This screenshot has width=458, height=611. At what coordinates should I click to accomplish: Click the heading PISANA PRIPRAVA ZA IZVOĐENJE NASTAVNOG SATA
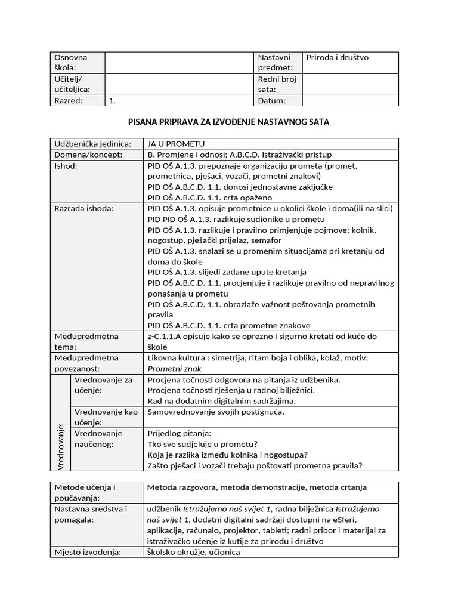tap(229, 122)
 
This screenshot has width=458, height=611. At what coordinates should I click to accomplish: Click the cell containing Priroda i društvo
tap(338, 58)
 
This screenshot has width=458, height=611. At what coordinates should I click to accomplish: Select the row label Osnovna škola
tap(71, 63)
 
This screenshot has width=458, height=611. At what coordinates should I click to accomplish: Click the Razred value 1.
tap(112, 101)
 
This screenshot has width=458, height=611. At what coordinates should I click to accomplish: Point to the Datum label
tap(272, 101)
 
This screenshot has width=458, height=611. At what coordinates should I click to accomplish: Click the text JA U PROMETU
tap(176, 144)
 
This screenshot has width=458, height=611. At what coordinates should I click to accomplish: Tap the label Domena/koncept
tap(88, 155)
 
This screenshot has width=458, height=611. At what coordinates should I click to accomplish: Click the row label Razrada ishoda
tap(84, 208)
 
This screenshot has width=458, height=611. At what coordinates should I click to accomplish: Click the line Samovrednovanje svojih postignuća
tap(216, 412)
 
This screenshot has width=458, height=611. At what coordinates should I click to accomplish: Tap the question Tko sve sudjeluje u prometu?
tap(202, 445)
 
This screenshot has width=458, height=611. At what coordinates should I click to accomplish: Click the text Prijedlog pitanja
tap(180, 434)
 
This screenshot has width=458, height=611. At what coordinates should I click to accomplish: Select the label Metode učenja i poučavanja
tap(85, 492)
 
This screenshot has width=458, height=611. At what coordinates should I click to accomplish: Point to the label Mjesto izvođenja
tap(87, 552)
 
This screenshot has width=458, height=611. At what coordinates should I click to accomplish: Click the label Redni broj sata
tap(277, 84)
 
